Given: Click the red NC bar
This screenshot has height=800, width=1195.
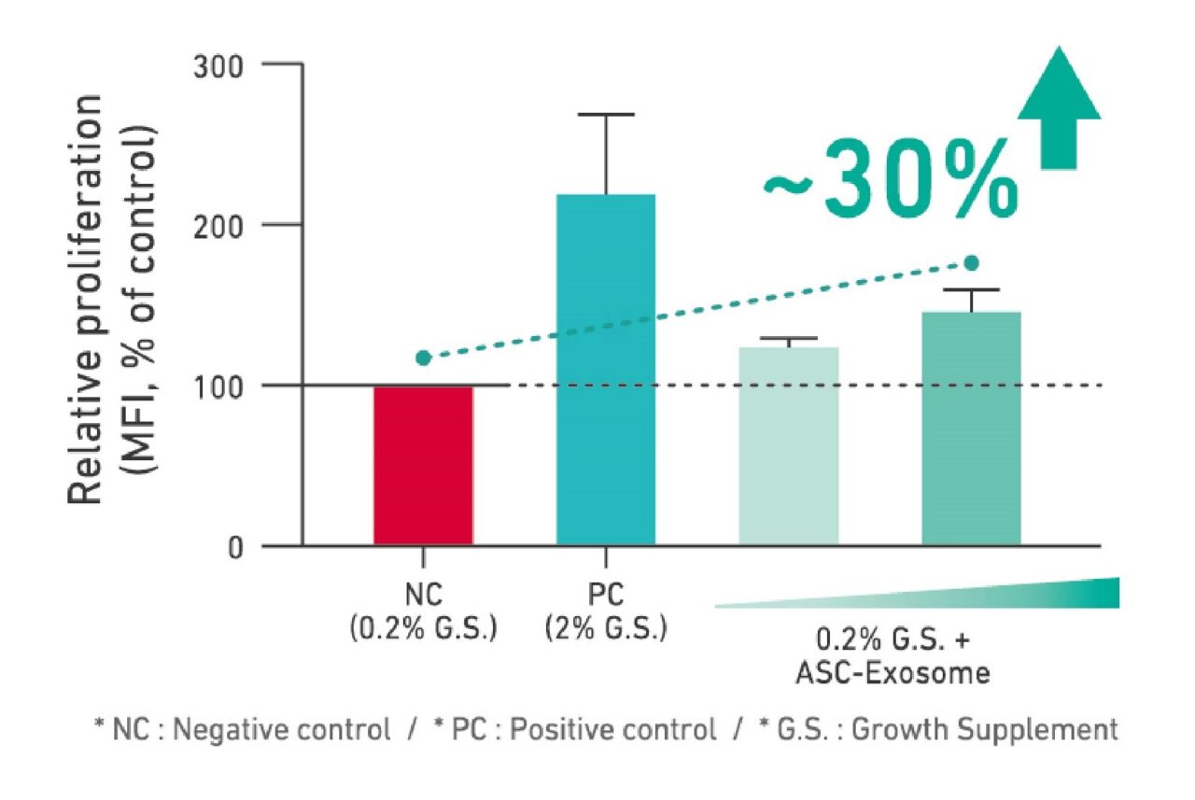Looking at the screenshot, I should (423, 465).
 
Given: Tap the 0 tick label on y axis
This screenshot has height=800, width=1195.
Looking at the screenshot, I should (236, 546).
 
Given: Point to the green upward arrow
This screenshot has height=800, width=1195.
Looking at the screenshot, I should (1059, 107).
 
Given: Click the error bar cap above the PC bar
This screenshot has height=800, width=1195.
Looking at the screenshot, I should (606, 115).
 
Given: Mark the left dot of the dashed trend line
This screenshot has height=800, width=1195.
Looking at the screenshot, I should (423, 358).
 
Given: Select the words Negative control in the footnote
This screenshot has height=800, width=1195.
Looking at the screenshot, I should (276, 729).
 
